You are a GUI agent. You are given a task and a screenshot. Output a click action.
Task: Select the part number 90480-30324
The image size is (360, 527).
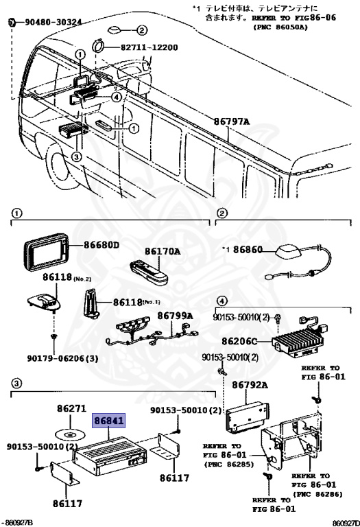click(49, 23)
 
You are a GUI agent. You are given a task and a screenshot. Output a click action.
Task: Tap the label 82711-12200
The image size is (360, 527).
click(149, 47)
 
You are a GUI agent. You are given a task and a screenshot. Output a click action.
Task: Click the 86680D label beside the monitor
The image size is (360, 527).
click(101, 245)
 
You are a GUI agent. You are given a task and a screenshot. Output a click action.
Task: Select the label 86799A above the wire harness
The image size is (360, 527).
click(176, 316)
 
